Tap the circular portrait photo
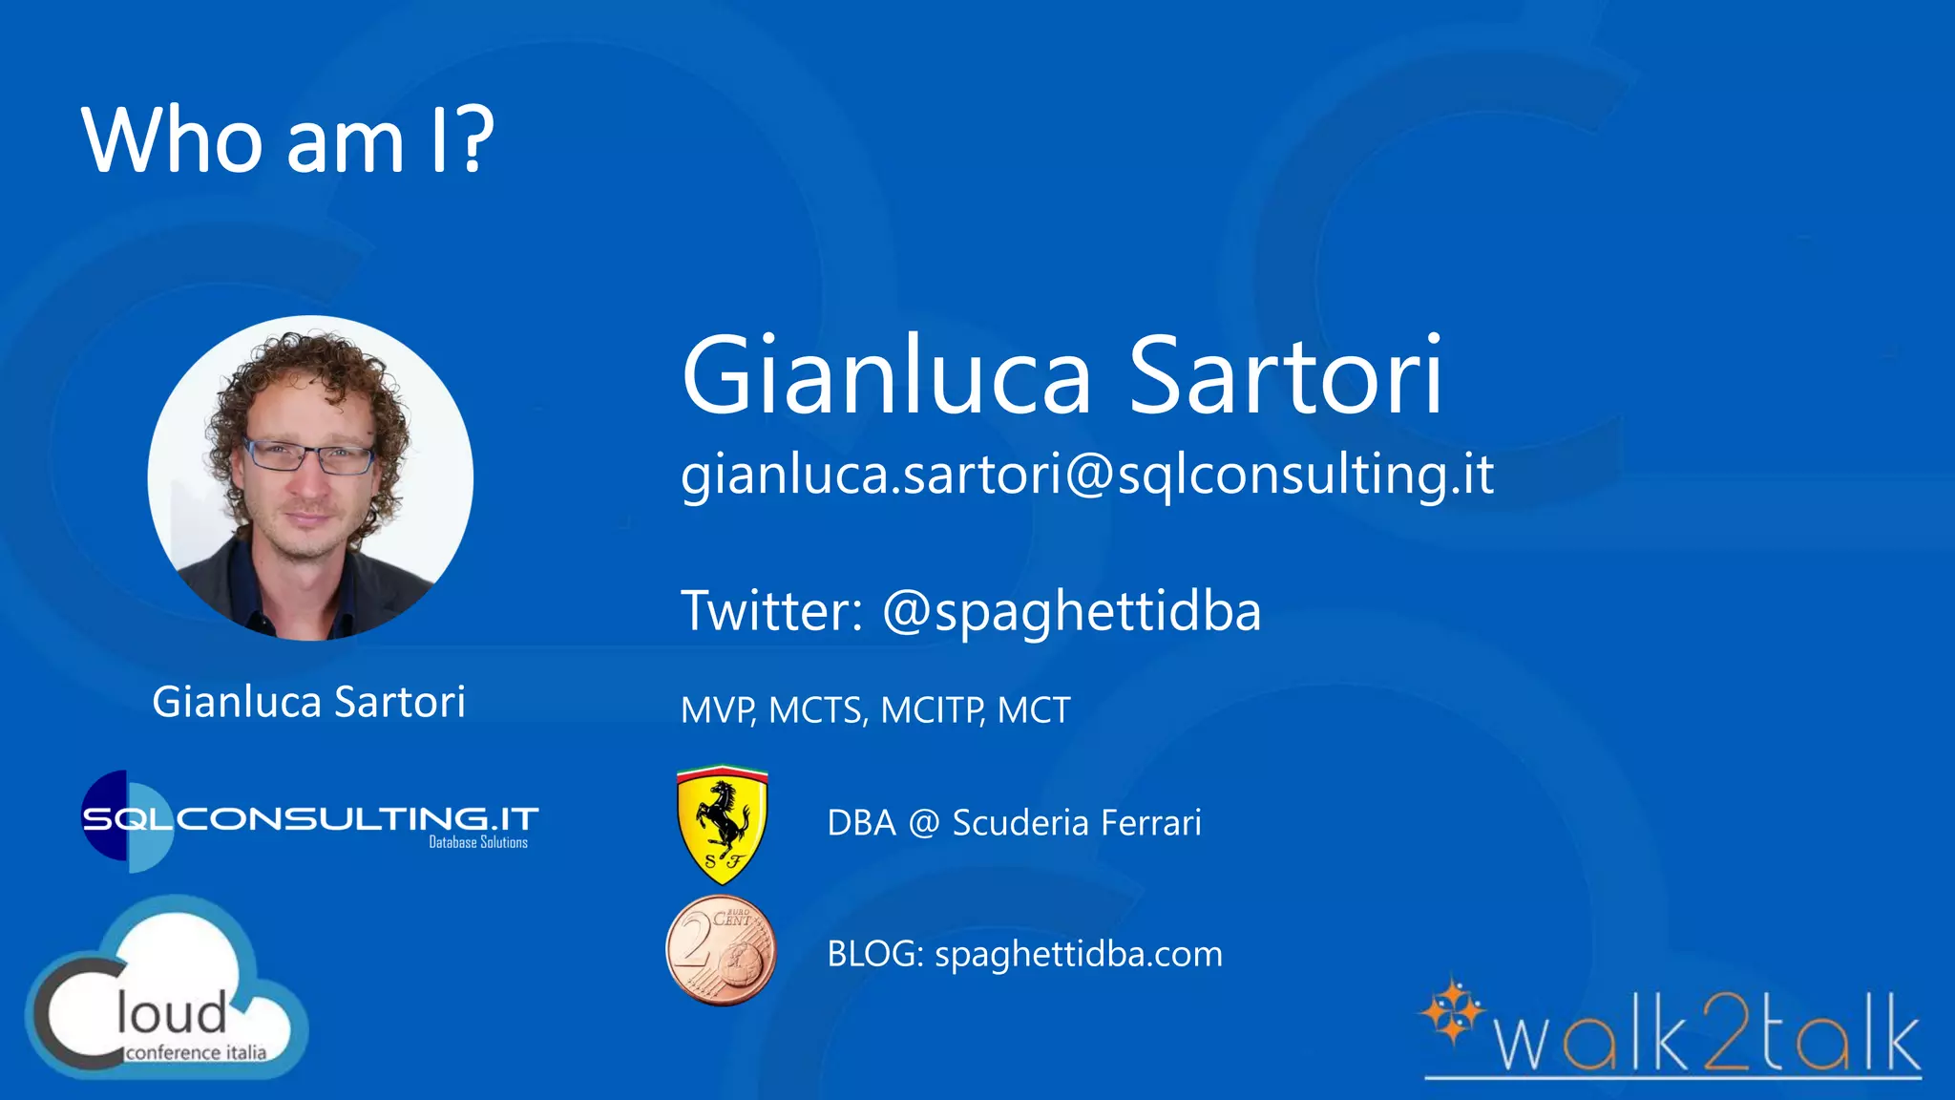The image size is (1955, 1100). point(310,477)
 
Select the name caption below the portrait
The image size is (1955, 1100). point(308,702)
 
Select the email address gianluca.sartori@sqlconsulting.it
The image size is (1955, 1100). point(1086,475)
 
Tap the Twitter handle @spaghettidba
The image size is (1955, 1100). point(1071,612)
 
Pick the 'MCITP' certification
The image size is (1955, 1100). point(932,710)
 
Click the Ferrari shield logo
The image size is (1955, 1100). point(722,823)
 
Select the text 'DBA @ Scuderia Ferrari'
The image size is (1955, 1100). point(1014,823)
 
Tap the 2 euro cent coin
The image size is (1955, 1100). point(721,951)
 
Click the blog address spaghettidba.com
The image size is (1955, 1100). point(1078,954)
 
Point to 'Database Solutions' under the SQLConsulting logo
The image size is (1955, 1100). point(477,842)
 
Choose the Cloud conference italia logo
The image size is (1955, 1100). point(167,993)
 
